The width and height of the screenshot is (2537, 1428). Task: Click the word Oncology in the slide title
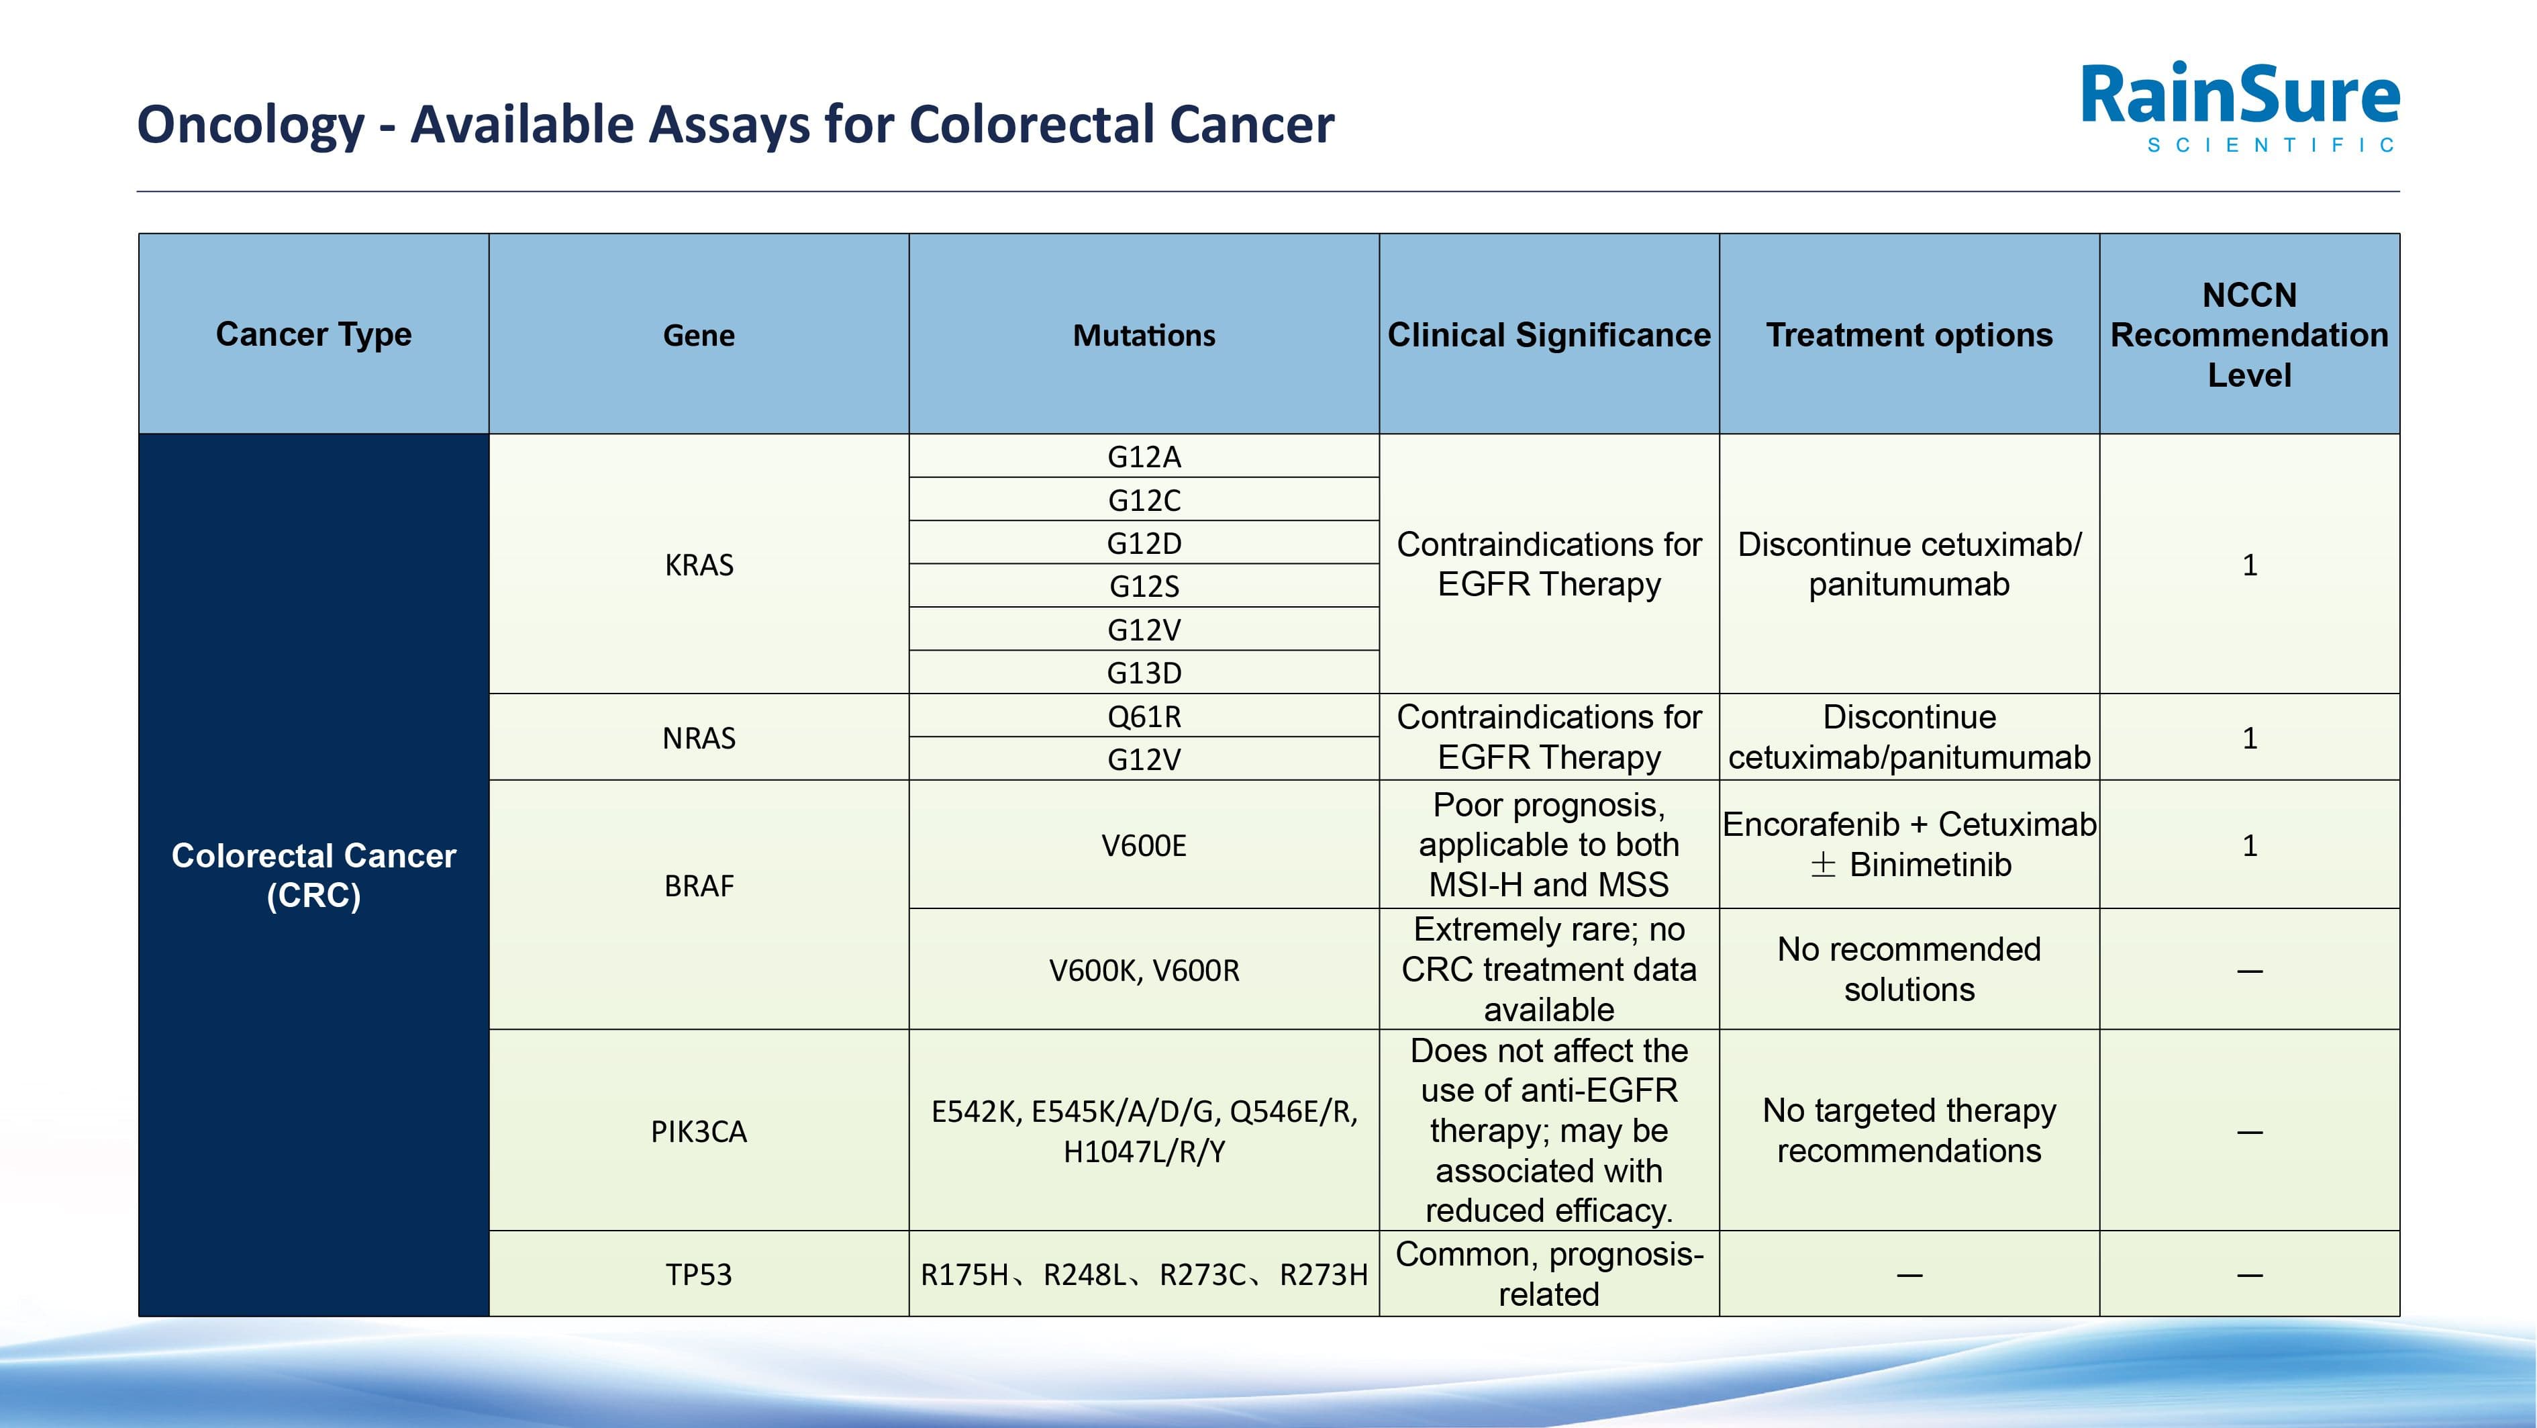(x=250, y=125)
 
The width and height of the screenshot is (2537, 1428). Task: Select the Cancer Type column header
(x=313, y=335)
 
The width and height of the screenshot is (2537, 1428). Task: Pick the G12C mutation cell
(x=1144, y=500)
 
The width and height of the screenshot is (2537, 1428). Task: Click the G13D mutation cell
(x=1144, y=673)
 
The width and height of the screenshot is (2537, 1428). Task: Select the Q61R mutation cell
(x=1144, y=716)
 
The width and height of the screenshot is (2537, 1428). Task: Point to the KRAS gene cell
(x=698, y=565)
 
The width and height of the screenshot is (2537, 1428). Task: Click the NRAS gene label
(x=698, y=738)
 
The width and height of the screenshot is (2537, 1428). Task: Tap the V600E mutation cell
(x=1144, y=845)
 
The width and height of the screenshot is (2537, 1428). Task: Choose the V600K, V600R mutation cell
(x=1144, y=970)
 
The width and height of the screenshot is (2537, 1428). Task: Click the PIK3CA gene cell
(x=698, y=1131)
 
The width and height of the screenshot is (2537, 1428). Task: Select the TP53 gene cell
(x=698, y=1274)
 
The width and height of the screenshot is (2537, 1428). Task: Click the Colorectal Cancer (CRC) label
(x=313, y=875)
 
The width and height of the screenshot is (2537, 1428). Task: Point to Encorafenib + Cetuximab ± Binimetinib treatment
(x=1909, y=844)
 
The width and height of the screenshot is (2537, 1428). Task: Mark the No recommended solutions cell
(x=1909, y=969)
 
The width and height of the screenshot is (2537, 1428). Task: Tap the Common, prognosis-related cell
(x=1548, y=1274)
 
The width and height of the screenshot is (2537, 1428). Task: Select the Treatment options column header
(x=1909, y=335)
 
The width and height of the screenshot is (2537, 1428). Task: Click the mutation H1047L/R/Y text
(x=1144, y=1151)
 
